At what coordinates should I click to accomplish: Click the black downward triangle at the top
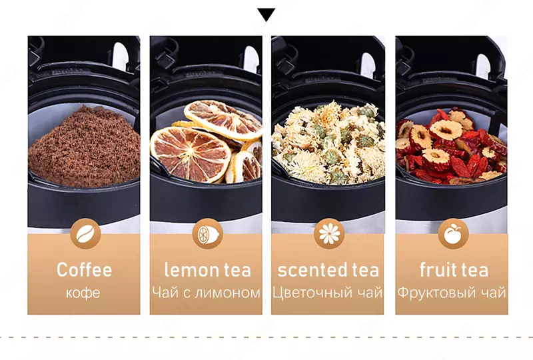(x=266, y=15)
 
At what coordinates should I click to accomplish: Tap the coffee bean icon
(x=85, y=234)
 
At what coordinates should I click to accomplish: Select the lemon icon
(x=207, y=234)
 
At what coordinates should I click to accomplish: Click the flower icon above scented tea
(x=329, y=234)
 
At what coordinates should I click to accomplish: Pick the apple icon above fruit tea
(x=453, y=234)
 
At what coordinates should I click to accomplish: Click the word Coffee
(x=84, y=270)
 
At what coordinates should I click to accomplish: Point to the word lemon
(x=191, y=270)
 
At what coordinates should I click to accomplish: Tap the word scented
(x=312, y=270)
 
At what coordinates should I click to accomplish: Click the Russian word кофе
(x=83, y=293)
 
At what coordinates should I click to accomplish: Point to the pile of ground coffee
(x=85, y=147)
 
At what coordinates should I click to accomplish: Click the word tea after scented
(x=365, y=270)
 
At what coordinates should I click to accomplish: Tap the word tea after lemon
(x=237, y=270)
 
